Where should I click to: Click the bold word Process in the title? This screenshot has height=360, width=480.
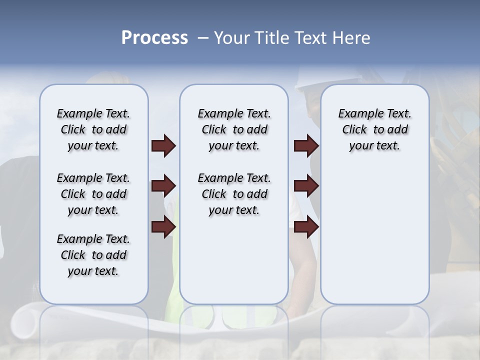[x=154, y=38]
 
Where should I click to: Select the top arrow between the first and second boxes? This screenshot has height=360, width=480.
[x=163, y=146]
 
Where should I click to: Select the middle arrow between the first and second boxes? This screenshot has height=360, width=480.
[x=163, y=186]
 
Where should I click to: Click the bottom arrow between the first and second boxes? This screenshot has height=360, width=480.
[x=163, y=227]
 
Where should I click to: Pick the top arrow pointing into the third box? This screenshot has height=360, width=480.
[x=306, y=146]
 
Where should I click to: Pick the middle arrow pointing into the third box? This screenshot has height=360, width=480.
[x=306, y=186]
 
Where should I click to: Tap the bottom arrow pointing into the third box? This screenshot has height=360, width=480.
[x=306, y=227]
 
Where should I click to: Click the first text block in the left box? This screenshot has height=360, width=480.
[x=93, y=129]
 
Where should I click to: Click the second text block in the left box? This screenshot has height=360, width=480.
[x=93, y=194]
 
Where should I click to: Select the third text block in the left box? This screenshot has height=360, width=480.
[x=93, y=255]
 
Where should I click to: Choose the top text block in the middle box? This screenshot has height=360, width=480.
[x=234, y=129]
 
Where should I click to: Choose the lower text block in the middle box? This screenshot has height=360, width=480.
[x=234, y=194]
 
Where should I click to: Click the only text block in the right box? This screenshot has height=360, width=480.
[x=374, y=129]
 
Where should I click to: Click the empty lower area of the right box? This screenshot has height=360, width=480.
[x=374, y=235]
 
